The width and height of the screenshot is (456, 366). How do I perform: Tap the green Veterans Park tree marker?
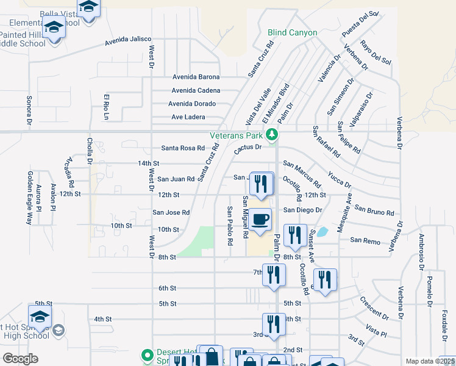pos(274,135)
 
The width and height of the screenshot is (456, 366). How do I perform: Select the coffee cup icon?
pos(260,218)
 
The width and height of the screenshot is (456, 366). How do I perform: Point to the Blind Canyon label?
pos(292,32)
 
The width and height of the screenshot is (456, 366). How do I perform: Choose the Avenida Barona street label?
pos(196,77)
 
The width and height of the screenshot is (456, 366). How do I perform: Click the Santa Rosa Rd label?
pos(183,148)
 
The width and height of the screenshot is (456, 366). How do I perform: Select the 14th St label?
pos(148,163)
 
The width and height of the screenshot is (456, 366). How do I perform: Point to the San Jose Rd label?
pos(171,212)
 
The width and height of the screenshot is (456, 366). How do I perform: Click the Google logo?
pos(20,358)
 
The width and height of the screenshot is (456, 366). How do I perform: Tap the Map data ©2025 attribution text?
pos(430,361)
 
